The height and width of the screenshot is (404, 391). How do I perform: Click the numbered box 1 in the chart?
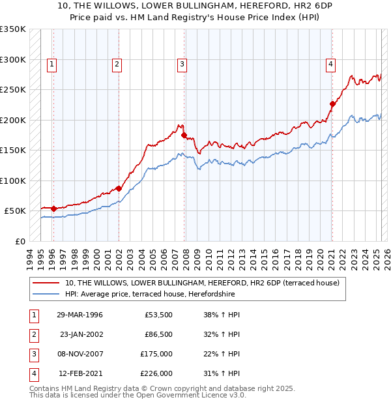pos(51,64)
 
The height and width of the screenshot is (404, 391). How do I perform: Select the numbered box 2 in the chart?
pos(116,64)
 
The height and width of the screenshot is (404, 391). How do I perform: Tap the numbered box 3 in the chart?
pos(181,64)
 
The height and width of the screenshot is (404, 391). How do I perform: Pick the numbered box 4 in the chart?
pos(331,64)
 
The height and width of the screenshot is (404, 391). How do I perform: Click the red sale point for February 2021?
pos(332,104)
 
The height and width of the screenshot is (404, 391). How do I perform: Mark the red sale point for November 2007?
pos(184,135)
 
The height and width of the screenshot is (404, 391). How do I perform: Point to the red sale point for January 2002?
pos(119,188)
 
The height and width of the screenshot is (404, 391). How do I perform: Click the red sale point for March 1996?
pos(53,209)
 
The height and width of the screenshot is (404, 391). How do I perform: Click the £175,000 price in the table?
pos(156,354)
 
